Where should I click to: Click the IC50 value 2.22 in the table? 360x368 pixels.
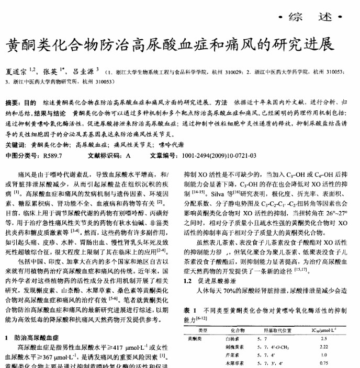coord(324,347)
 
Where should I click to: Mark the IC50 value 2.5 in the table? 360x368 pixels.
coord(324,339)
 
